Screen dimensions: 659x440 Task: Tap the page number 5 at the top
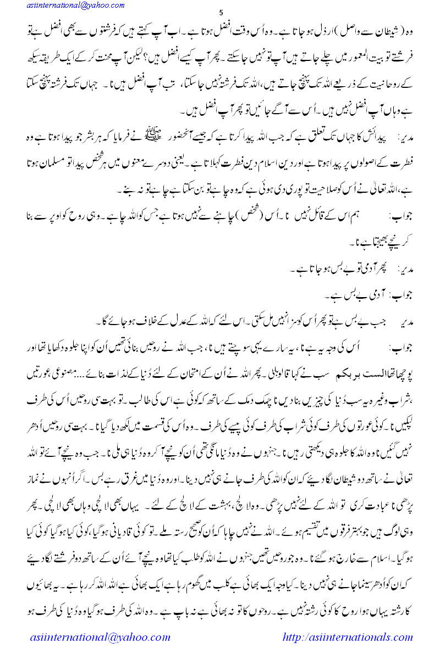click(x=221, y=13)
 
